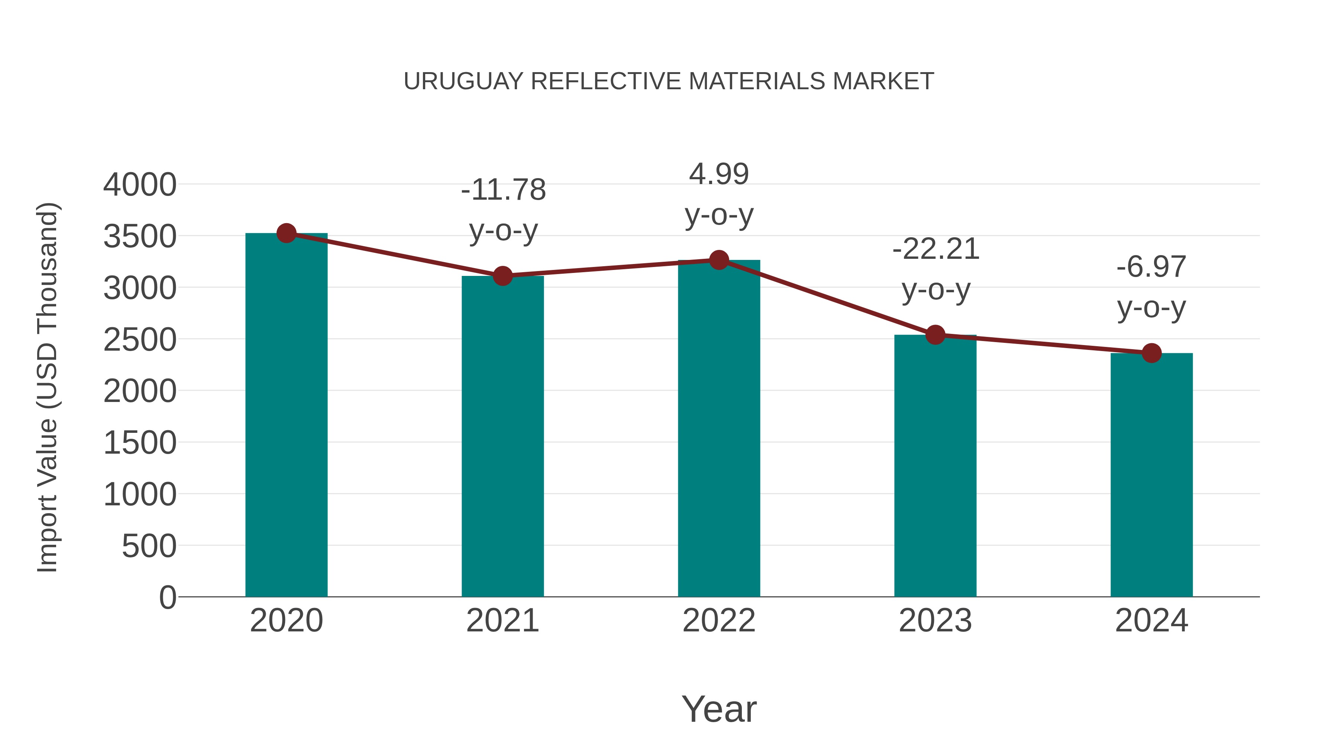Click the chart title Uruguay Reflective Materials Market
[x=669, y=81]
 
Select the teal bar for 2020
[x=286, y=416]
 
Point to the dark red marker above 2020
[x=286, y=233]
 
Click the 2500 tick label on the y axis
[x=140, y=340]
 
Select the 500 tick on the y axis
[x=149, y=546]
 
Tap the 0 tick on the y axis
[x=167, y=597]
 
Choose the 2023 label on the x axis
[x=935, y=621]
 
